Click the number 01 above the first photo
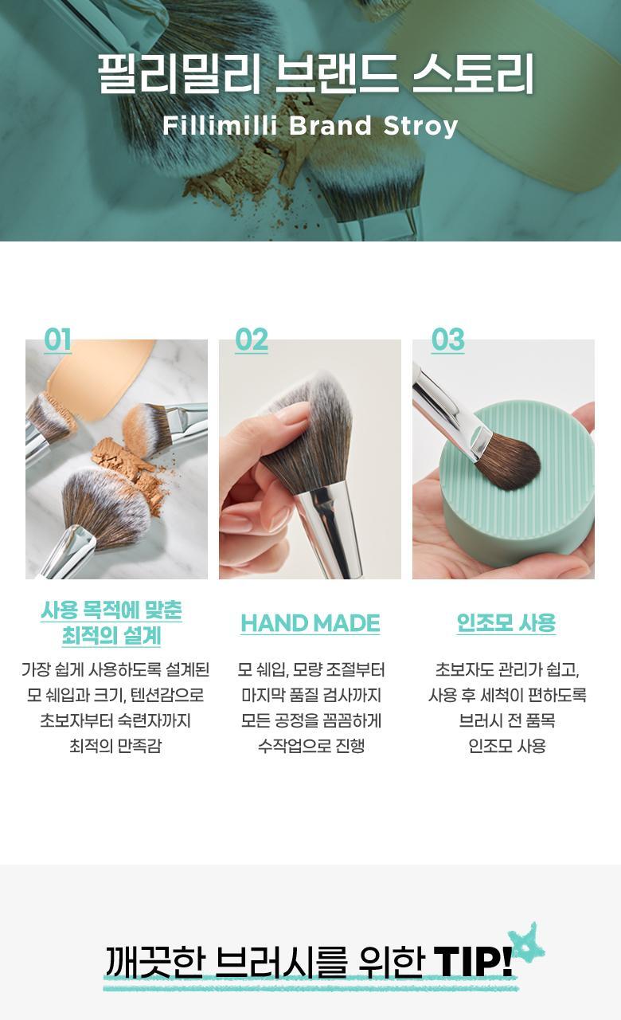[58, 339]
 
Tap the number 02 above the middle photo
[252, 339]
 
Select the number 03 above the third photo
[448, 339]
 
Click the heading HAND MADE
[310, 623]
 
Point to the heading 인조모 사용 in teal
[506, 622]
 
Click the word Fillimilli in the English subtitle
[220, 125]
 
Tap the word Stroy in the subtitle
[420, 126]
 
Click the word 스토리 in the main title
[473, 74]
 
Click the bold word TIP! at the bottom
[473, 961]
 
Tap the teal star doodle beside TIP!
[526, 943]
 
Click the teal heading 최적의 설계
[111, 636]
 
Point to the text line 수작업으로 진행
[311, 746]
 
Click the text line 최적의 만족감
[115, 746]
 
